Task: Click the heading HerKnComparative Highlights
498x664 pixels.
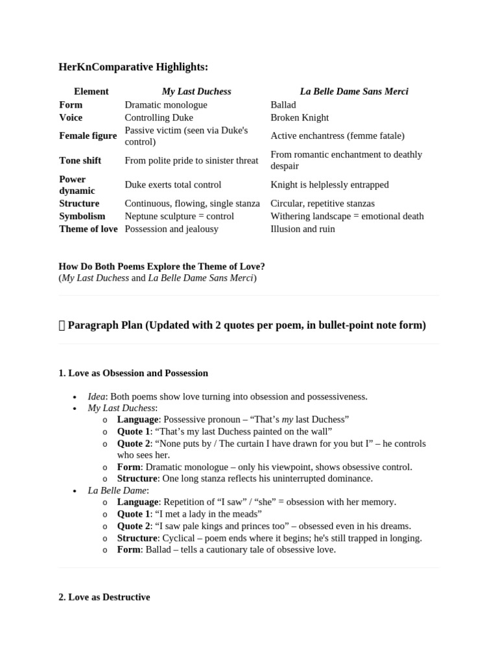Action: [x=134, y=67]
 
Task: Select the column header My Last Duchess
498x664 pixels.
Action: [x=196, y=91]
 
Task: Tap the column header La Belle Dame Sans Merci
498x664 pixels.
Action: [x=353, y=91]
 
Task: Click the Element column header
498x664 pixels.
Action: [x=91, y=91]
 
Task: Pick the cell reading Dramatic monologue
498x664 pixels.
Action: [x=166, y=104]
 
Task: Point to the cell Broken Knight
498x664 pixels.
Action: [x=299, y=117]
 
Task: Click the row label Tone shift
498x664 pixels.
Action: [x=80, y=160]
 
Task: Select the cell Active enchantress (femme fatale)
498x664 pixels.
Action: [x=337, y=136]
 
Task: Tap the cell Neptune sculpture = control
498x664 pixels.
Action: [x=179, y=216]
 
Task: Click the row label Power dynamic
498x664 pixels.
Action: [x=77, y=185]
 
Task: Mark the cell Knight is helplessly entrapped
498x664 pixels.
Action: [x=329, y=185]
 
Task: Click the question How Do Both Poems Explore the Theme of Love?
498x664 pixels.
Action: [x=161, y=267]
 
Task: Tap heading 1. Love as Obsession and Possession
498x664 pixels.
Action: [x=133, y=373]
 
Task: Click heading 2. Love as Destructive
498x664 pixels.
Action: [x=104, y=597]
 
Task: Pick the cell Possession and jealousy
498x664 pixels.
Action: [x=171, y=229]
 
